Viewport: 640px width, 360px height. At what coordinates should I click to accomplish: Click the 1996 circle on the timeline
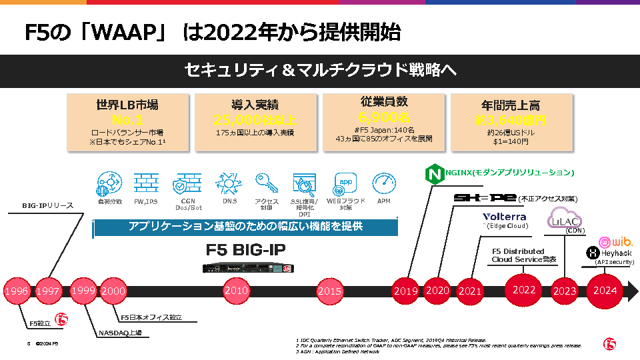(16, 291)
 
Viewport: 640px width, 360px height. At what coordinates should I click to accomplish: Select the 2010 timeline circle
(236, 291)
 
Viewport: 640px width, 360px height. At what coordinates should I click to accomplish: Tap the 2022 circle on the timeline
(524, 290)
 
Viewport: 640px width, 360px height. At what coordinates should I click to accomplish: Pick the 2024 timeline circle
(605, 291)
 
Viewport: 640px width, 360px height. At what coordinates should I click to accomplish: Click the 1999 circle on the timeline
(83, 291)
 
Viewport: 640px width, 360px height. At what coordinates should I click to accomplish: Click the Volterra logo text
(505, 217)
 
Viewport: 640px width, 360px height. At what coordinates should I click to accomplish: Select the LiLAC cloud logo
(564, 218)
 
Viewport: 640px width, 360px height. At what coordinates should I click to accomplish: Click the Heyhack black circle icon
(592, 253)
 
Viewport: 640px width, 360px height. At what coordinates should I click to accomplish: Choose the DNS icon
(225, 183)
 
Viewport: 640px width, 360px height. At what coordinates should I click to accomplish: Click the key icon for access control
(266, 183)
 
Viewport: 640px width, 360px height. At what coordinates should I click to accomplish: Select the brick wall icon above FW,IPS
(145, 183)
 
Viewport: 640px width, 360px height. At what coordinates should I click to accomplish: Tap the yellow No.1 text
(127, 121)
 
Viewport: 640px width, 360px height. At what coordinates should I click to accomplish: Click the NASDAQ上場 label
(119, 332)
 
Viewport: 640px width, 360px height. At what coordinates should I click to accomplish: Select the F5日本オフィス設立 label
(151, 317)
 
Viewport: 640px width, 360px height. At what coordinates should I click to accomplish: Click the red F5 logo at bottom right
(609, 344)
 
